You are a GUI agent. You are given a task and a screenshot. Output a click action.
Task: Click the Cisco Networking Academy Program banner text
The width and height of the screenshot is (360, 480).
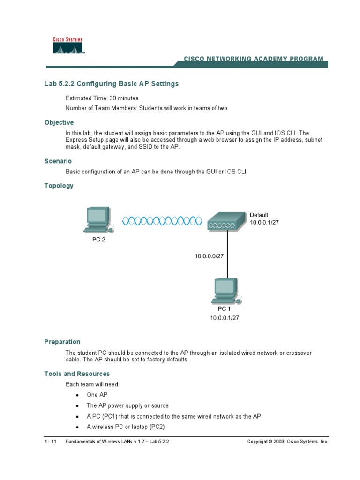253,59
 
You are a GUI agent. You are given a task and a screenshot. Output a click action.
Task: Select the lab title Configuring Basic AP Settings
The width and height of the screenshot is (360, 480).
112,84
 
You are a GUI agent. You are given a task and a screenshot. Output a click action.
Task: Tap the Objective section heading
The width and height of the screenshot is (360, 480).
59,122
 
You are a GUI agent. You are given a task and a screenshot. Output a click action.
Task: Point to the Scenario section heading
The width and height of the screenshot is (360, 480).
58,161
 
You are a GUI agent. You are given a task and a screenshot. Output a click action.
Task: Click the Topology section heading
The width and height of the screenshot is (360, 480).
59,186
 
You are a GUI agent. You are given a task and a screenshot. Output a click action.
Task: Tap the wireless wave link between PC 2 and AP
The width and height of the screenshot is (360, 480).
162,221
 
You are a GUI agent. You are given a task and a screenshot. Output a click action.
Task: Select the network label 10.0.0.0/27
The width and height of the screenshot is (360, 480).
209,256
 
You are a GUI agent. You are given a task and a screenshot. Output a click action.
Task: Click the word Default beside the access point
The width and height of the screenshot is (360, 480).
259,215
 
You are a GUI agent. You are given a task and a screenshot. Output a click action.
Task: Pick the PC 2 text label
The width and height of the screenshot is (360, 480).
98,240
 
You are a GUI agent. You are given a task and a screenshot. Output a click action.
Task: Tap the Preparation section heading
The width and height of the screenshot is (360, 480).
62,342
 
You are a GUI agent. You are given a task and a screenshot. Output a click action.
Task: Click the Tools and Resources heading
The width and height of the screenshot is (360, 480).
77,374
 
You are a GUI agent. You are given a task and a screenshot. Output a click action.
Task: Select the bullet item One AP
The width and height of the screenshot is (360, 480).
97,395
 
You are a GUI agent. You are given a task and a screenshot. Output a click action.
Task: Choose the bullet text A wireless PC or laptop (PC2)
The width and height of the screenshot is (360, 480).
126,427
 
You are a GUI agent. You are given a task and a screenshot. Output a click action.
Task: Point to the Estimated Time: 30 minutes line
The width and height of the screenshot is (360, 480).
102,98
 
